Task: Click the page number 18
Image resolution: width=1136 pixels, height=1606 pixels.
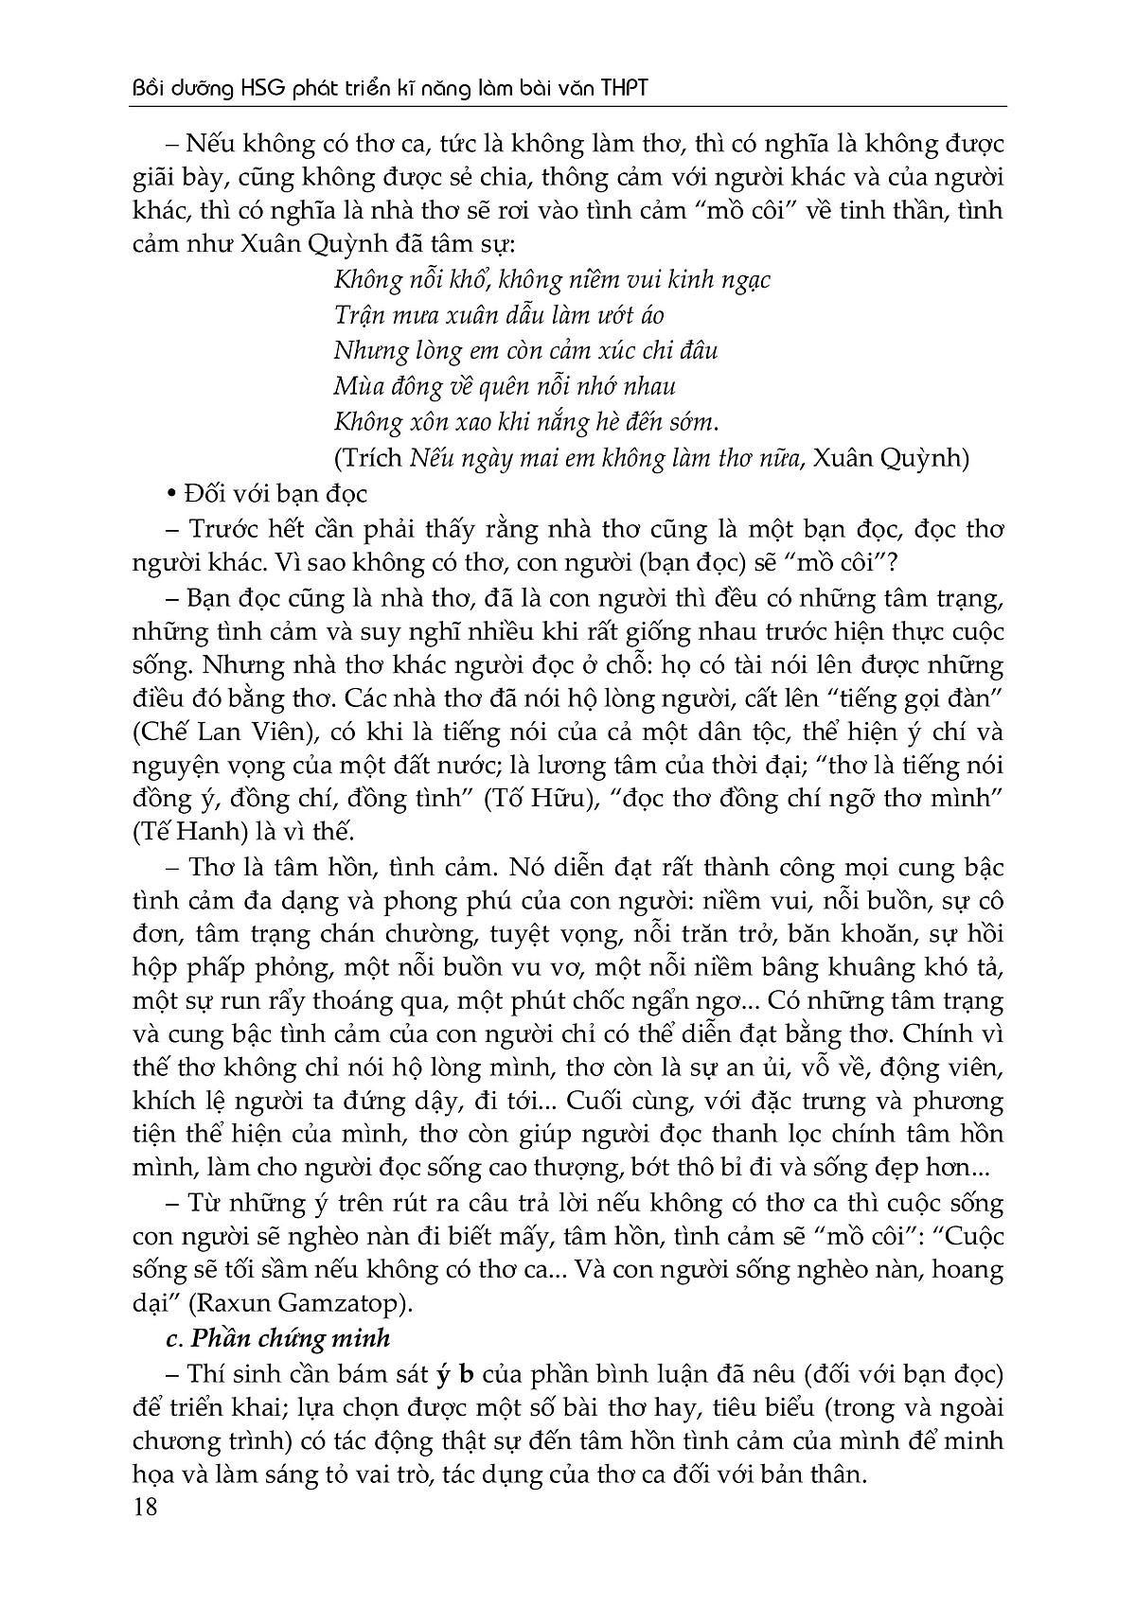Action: [x=146, y=1507]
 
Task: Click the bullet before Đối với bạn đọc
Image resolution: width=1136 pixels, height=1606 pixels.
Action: [x=170, y=495]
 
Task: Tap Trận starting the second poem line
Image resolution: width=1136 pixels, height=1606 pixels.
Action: [x=359, y=315]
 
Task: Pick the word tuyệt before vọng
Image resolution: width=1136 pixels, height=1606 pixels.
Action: [x=522, y=934]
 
